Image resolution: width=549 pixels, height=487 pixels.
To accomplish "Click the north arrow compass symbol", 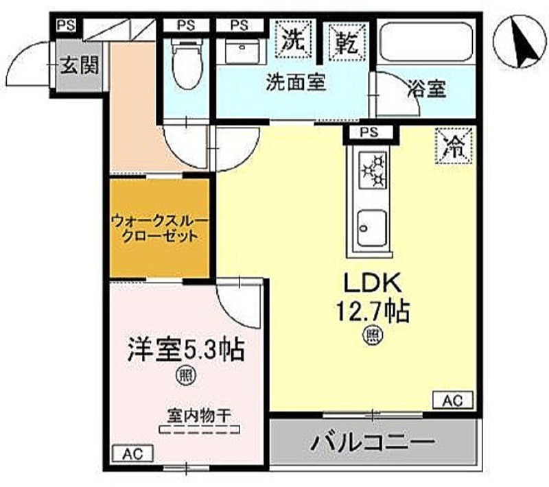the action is [x=519, y=42].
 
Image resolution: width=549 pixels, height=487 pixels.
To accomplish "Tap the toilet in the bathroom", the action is [x=187, y=63].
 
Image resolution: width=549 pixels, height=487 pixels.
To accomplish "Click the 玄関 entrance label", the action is [x=79, y=65].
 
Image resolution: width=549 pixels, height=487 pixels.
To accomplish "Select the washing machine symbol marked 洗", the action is [x=293, y=39].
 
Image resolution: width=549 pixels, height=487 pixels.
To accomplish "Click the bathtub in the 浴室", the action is [x=426, y=42].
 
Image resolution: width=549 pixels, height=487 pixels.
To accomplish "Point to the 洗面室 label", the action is [x=296, y=82].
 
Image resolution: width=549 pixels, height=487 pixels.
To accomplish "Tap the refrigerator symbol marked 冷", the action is [x=454, y=145].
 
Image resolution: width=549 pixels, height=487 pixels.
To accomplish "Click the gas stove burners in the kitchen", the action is [x=373, y=170].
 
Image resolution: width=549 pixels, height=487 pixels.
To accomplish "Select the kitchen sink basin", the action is [x=372, y=228].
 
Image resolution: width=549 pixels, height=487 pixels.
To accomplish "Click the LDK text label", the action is [x=373, y=283].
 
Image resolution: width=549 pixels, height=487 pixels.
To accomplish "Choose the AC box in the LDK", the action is [x=453, y=401].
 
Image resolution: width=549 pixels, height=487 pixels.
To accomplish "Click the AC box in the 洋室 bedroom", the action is [x=133, y=454].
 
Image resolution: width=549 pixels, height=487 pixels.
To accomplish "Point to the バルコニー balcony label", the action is [x=373, y=441].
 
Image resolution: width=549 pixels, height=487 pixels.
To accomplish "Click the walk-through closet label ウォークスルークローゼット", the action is [x=160, y=229].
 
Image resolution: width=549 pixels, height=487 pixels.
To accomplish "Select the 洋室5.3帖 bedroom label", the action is [x=185, y=351].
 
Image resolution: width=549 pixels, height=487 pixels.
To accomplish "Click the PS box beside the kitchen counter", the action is [x=370, y=132].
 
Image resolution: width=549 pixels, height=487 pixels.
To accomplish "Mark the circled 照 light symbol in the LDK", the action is [x=373, y=335].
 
